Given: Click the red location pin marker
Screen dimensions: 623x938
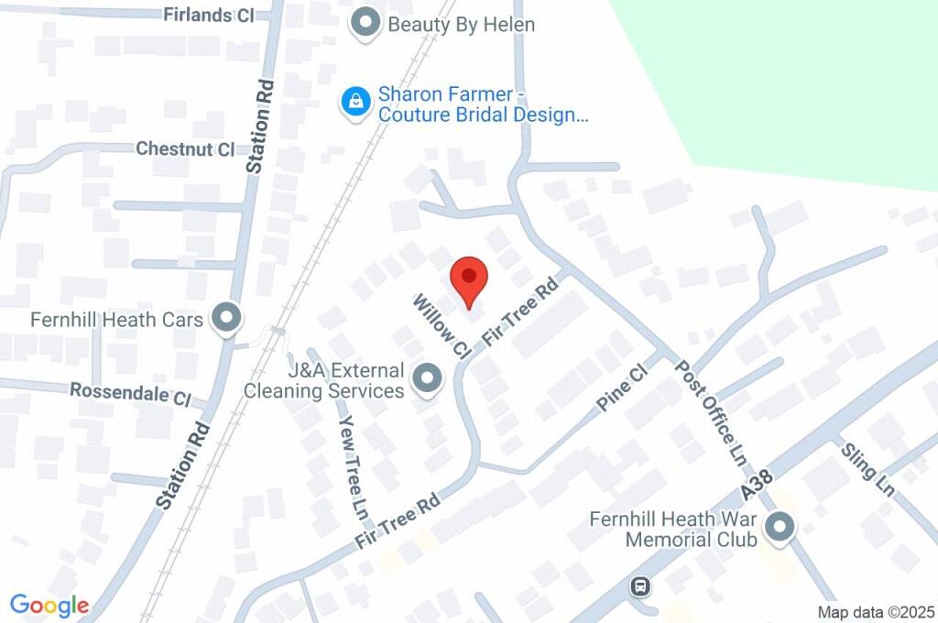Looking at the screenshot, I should click(470, 279).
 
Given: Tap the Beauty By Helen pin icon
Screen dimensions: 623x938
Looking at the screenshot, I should click(366, 24).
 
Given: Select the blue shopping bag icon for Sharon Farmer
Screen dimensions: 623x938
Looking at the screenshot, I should click(355, 103).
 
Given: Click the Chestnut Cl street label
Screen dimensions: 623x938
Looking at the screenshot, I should click(185, 149).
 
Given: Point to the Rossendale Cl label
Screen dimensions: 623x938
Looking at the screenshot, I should click(130, 394).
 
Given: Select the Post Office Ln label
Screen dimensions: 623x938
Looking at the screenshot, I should click(710, 410).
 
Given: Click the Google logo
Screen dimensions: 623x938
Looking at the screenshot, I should click(49, 606).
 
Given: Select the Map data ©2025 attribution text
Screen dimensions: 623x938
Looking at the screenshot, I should click(875, 612).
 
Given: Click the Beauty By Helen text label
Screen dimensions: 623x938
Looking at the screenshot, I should click(461, 25).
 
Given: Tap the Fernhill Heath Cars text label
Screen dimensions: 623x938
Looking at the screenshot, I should click(116, 321).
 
